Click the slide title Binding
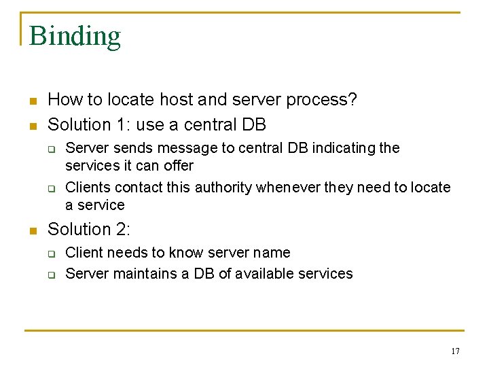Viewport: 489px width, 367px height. tap(75, 36)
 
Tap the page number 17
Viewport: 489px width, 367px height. tap(455, 351)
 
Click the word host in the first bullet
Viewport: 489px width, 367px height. tap(177, 100)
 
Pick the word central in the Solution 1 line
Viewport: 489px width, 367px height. tap(201, 125)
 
